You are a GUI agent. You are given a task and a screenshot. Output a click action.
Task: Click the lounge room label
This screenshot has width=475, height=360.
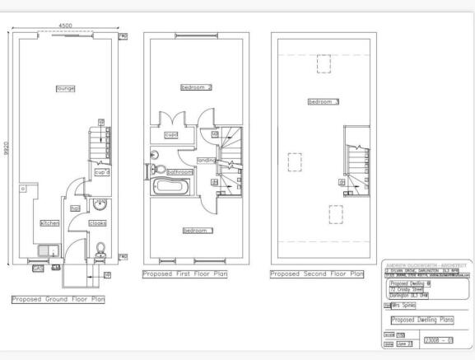pos(65,88)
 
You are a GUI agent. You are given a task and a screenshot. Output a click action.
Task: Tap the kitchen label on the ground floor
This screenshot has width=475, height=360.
pos(50,223)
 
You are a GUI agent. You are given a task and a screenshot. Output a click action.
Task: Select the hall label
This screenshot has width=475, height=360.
pos(75,208)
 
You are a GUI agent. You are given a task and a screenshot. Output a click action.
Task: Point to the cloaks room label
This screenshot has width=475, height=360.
pos(98,223)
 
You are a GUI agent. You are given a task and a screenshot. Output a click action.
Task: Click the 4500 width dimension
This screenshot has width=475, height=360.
pos(66,26)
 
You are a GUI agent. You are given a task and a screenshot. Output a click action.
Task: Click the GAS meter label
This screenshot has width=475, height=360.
pos(38,268)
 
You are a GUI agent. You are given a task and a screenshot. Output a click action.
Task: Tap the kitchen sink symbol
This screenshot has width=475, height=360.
pos(47,251)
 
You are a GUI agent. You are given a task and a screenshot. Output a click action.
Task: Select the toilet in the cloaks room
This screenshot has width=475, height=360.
pos(100,248)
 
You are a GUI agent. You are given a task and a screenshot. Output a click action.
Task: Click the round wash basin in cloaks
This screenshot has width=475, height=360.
pos(100,206)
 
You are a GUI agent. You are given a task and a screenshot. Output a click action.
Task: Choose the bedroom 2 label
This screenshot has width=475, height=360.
pos(197,87)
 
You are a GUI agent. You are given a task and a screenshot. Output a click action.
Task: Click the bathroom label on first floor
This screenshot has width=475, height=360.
pos(179,172)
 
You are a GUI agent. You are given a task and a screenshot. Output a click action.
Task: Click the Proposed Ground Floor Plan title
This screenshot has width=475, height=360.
pos(58,300)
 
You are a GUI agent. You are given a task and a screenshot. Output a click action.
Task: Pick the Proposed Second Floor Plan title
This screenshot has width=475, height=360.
pos(316,274)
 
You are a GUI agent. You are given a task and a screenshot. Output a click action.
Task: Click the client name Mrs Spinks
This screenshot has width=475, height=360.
pos(403,305)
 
